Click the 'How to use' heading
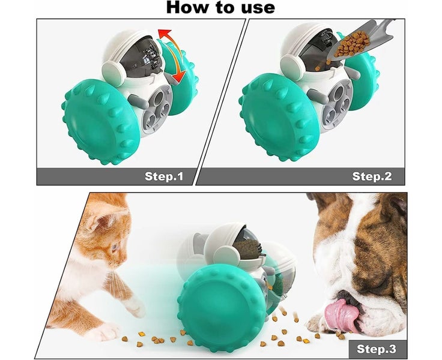tap(220, 8)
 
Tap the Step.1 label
tap(164, 176)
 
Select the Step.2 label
tap(372, 176)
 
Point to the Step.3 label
tap(377, 349)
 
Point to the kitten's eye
tap(115, 248)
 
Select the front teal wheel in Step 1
tap(101, 122)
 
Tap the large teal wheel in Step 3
tap(221, 307)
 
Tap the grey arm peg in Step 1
tap(138, 101)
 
